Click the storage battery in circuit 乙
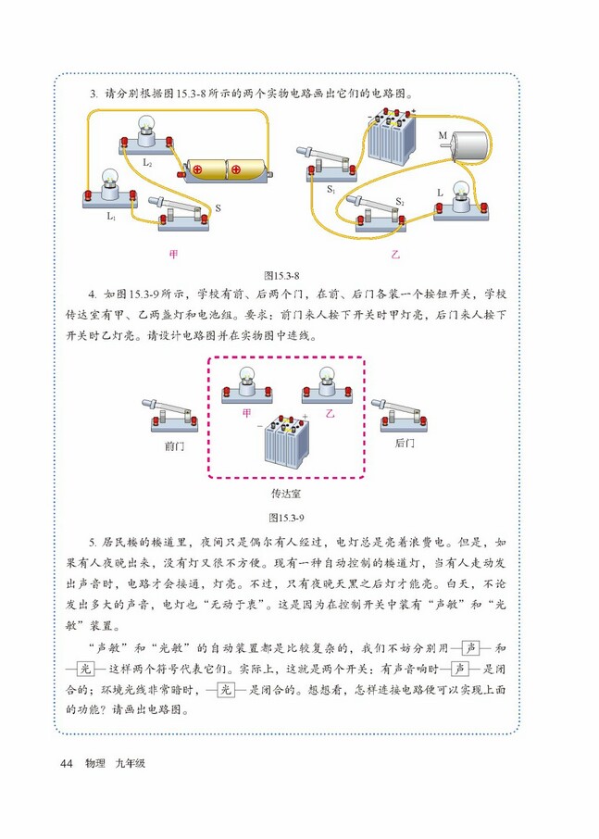click(388, 140)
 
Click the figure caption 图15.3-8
click(283, 275)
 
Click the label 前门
click(174, 445)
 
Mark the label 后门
click(405, 445)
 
